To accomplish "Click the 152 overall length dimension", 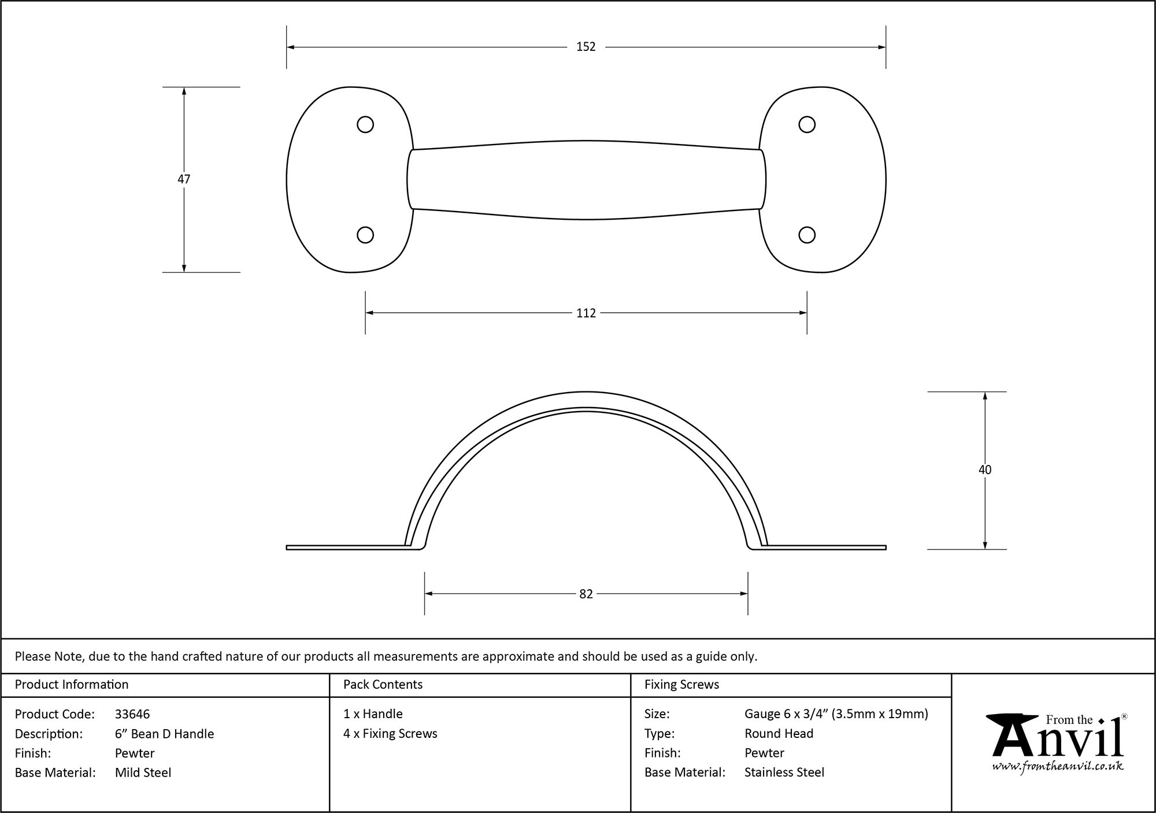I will (586, 47).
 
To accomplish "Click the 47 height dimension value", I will (184, 179).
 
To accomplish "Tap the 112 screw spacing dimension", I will (586, 313).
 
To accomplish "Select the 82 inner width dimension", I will (586, 594).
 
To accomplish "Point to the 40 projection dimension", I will (984, 470).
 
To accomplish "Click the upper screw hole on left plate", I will (365, 124).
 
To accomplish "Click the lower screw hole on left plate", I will (365, 235).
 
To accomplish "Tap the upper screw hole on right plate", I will (807, 124).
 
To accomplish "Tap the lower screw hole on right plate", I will (807, 235).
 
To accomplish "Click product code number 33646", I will (132, 714).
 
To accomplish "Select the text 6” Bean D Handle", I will (164, 734).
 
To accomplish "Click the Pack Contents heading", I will (383, 685).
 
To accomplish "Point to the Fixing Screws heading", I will (681, 685).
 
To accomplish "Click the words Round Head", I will (779, 734).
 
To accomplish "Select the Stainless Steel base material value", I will (784, 773).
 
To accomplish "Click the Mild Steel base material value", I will (143, 773).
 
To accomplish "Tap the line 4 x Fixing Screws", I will (390, 734).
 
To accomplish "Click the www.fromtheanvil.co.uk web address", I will (1058, 767).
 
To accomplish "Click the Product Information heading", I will (72, 685).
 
